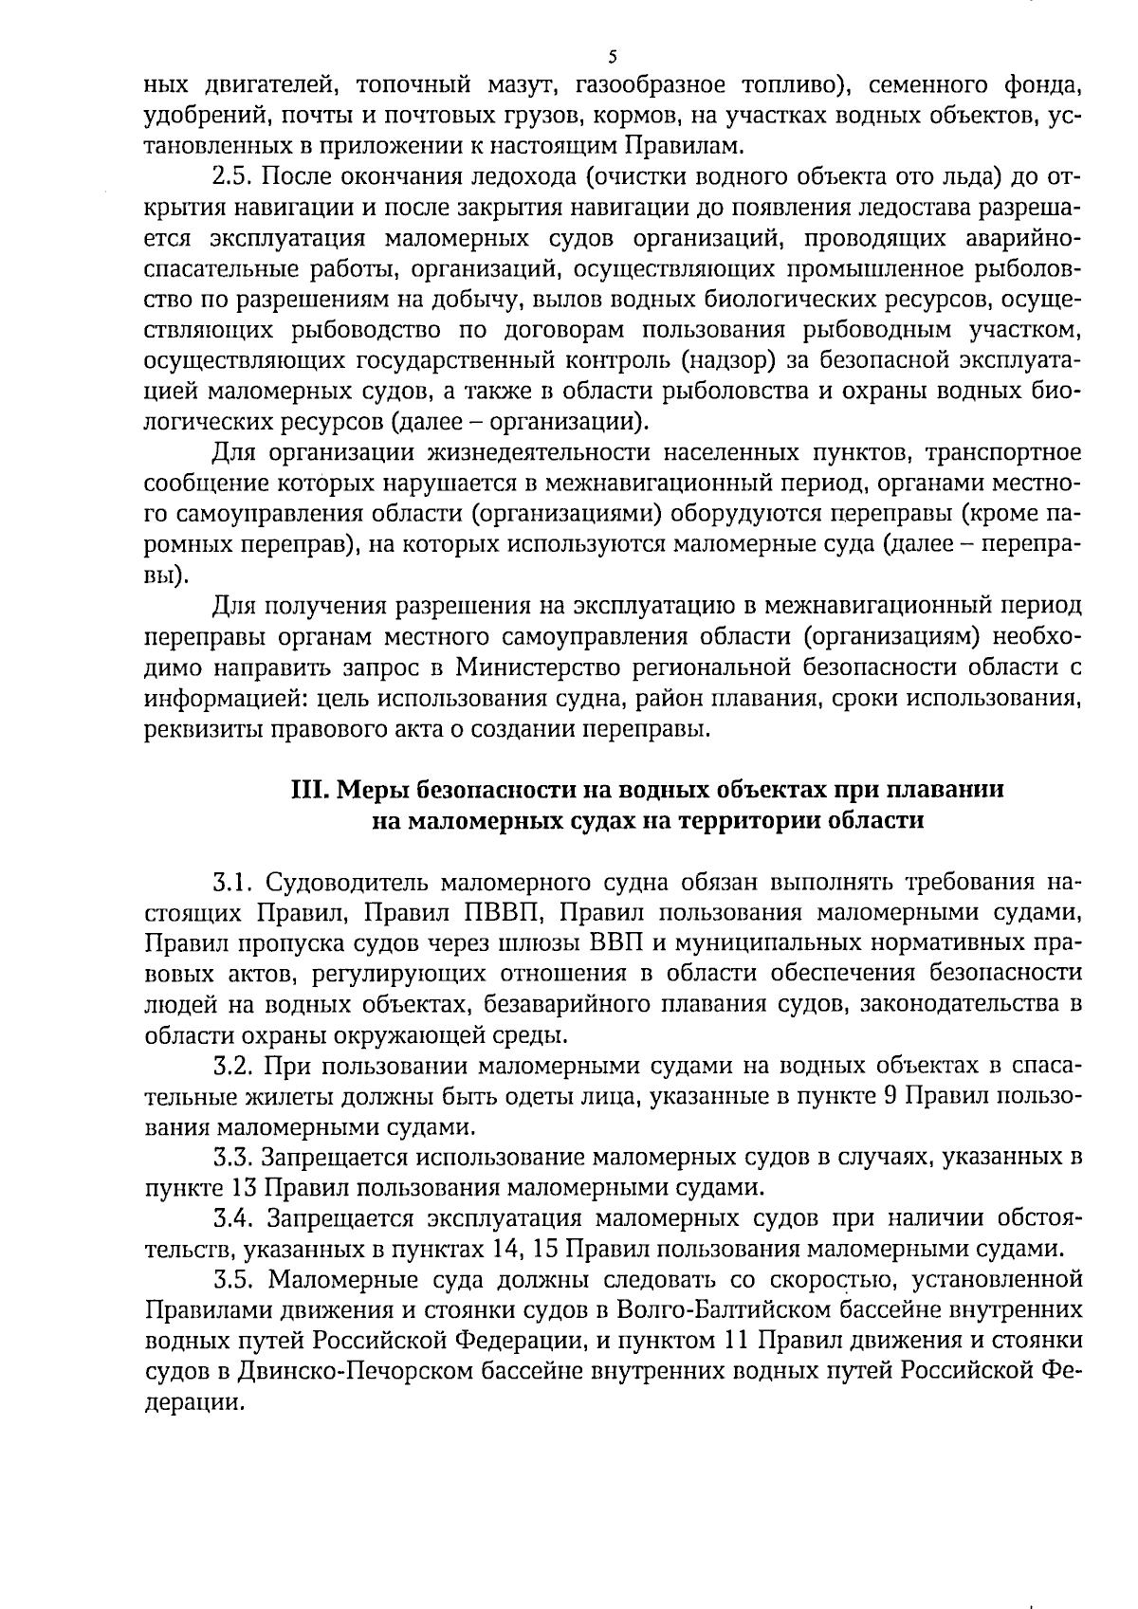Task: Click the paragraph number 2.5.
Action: pyautogui.click(x=230, y=176)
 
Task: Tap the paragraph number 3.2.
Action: pyautogui.click(x=230, y=1066)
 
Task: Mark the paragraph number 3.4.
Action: pyautogui.click(x=230, y=1217)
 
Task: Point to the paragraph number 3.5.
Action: pyautogui.click(x=230, y=1279)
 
